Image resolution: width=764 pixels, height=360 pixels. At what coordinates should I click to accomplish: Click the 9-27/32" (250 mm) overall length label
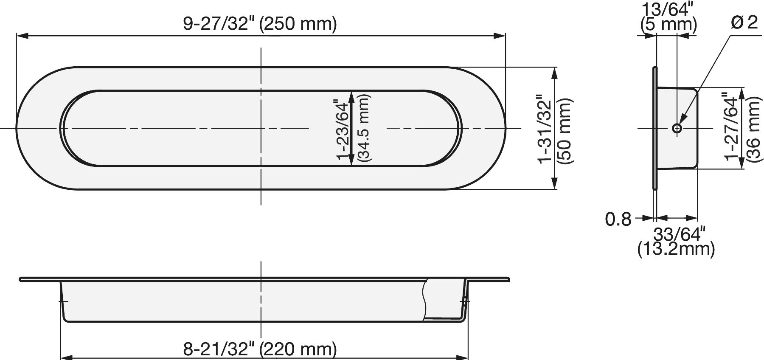(260, 24)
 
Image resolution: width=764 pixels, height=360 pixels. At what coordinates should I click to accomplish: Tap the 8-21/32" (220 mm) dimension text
(260, 349)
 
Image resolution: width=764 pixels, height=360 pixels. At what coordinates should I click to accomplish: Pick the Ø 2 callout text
(744, 22)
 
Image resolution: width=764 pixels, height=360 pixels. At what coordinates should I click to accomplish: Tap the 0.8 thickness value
(618, 219)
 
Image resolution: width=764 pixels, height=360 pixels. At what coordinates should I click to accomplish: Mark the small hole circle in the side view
(677, 128)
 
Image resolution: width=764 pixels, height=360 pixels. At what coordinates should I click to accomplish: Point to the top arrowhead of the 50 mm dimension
(554, 73)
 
